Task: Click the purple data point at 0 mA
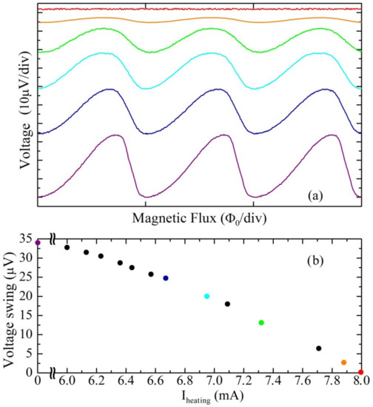pos(38,243)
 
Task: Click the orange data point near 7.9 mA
pos(343,363)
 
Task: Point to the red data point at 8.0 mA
pos(361,372)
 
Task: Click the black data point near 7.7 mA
pos(319,348)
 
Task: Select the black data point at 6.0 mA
pos(67,247)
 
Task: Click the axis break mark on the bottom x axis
pos(53,373)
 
